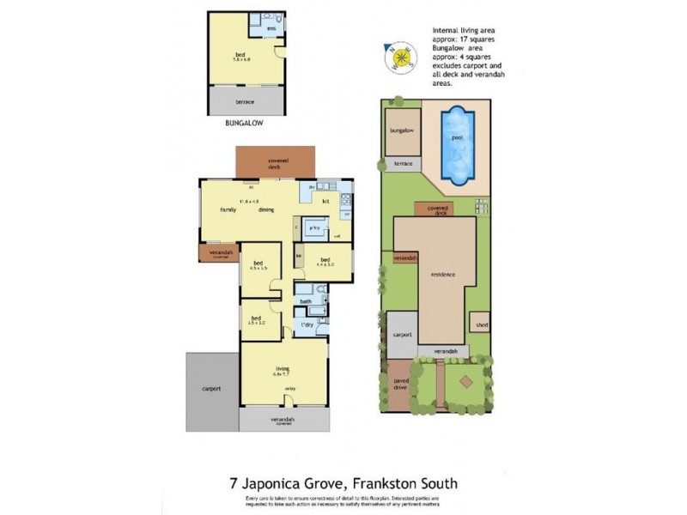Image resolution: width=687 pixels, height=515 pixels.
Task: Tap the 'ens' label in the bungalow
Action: click(x=271, y=28)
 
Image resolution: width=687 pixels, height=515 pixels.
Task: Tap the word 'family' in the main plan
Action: click(x=228, y=209)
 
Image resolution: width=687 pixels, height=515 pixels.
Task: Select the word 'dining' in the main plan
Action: click(x=265, y=209)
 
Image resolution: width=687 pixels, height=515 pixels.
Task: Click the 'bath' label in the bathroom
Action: click(x=305, y=302)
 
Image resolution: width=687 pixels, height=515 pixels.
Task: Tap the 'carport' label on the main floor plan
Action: click(x=211, y=389)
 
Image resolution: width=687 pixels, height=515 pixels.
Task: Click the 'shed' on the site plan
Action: click(x=479, y=324)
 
